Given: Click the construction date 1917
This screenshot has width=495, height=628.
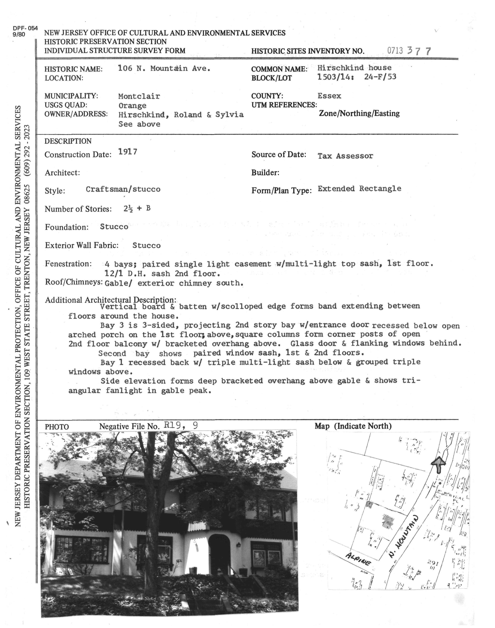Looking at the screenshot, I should pos(128,152).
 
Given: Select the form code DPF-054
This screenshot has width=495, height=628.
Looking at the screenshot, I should pos(25,28).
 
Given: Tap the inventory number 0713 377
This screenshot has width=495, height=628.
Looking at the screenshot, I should pos(409,51).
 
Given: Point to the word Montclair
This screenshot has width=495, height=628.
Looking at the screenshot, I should pos(139,96).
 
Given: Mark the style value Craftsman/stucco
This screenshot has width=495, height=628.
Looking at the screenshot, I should pos(123,189).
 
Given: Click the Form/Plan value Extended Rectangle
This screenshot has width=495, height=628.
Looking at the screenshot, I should pos(359,189).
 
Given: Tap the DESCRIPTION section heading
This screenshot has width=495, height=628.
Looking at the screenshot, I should pos(68,141).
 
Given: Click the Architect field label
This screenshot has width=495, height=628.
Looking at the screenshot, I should pos(62,173).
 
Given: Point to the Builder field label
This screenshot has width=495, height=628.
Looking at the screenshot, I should pos(265,173).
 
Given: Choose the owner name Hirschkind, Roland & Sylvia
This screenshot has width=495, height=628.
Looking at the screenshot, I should pos(181,115).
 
